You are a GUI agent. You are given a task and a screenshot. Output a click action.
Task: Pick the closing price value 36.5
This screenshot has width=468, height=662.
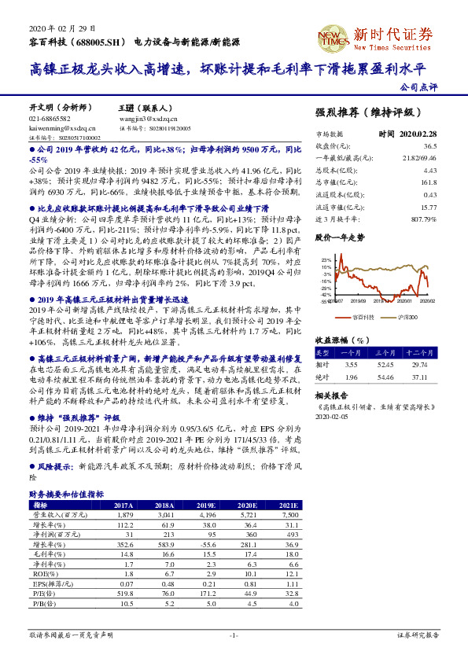tap(429, 146)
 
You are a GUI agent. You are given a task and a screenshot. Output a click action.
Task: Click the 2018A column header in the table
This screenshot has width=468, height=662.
tap(164, 505)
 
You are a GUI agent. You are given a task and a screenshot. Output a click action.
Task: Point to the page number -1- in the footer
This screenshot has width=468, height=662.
tap(234, 634)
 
